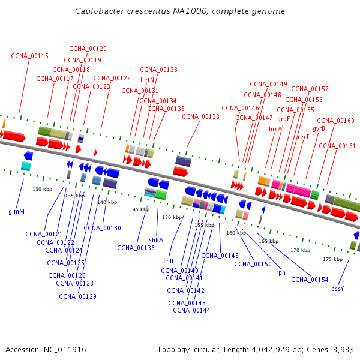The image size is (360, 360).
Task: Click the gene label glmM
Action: pos(17,211)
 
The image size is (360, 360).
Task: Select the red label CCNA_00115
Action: pos(29,56)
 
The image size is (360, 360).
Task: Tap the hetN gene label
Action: pos(147,80)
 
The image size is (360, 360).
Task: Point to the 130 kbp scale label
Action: pos(43,189)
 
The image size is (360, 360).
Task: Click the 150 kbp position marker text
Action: pos(172,217)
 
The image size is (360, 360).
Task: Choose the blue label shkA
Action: pos(156,240)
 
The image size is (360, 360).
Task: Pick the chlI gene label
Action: pos(168,261)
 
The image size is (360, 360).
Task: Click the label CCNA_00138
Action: pos(200,116)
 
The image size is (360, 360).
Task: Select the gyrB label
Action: pos(319,129)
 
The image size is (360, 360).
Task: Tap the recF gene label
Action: pos(303,137)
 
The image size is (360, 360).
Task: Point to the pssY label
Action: pos(337,289)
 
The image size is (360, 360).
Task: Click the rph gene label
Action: pos(281,272)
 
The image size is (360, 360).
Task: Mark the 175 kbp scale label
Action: pos(332,259)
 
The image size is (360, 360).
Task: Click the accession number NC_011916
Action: pos(65,350)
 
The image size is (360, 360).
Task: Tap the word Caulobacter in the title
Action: pos(100,11)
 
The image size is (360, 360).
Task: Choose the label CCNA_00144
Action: pos(191,310)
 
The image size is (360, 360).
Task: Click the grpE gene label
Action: pos(284,119)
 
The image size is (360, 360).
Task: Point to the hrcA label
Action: pos(275,129)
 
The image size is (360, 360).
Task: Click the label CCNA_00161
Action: pos(337,146)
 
